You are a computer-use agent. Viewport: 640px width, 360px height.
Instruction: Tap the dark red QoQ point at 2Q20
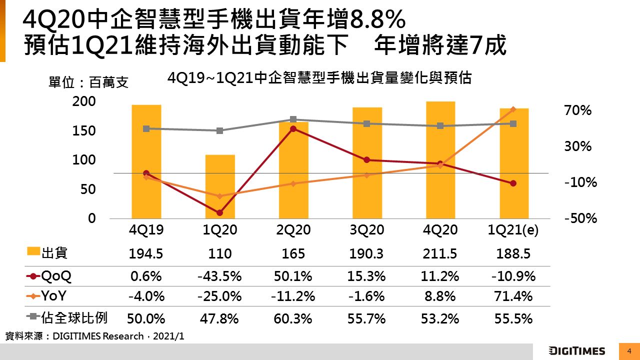(x=293, y=128)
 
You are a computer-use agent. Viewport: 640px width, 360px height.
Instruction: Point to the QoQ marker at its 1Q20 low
(x=220, y=213)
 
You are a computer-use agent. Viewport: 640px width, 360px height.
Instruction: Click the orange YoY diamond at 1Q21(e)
(x=513, y=109)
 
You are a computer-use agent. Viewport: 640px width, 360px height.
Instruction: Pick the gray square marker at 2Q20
(x=293, y=119)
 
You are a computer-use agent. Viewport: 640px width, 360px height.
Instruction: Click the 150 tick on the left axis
(x=85, y=131)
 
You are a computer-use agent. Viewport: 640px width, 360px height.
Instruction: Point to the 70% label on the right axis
(x=577, y=110)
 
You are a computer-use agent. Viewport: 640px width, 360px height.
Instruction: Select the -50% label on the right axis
(x=580, y=219)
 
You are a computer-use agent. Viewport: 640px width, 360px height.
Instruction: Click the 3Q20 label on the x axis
(x=366, y=230)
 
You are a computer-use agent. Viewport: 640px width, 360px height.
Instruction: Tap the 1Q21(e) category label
(x=513, y=230)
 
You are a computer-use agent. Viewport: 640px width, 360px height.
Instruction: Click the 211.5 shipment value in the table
(x=440, y=253)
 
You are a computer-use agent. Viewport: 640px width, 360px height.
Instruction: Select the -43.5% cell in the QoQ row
(x=220, y=276)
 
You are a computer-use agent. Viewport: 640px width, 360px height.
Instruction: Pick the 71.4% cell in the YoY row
(x=513, y=296)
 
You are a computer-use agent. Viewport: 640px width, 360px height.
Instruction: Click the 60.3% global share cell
(x=293, y=318)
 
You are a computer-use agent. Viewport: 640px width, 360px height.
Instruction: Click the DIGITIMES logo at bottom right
(x=576, y=351)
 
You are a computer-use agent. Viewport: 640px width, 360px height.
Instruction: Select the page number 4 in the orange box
(x=629, y=351)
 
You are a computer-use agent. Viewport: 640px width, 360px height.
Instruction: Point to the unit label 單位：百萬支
(x=88, y=82)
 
